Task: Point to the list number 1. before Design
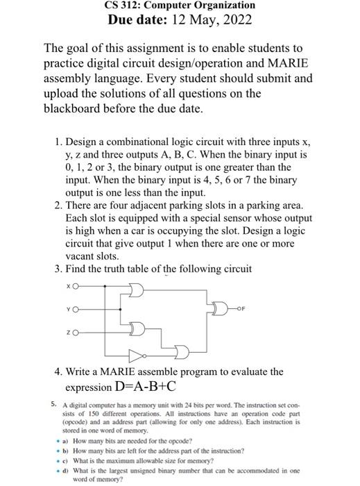(x=58, y=142)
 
